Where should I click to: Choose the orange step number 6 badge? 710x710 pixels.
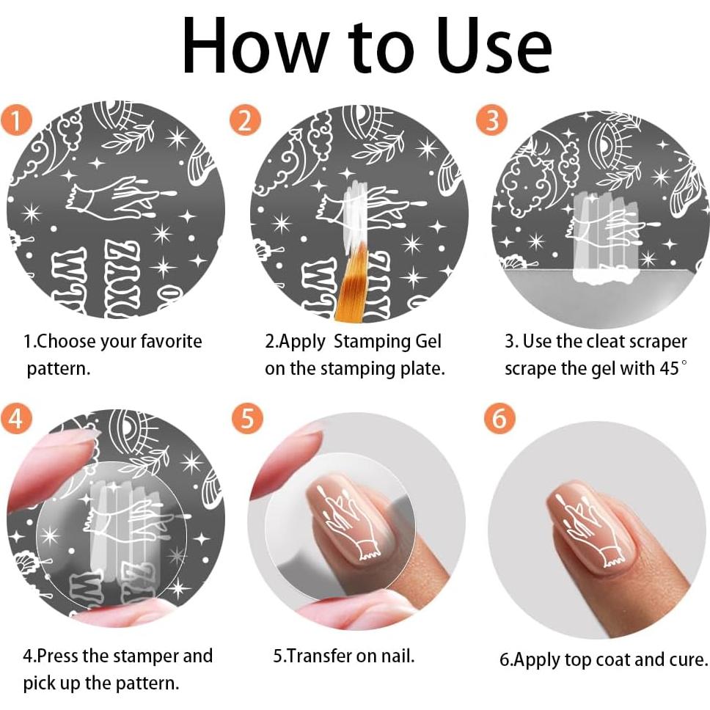499,419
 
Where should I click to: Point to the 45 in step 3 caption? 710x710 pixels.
668,368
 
